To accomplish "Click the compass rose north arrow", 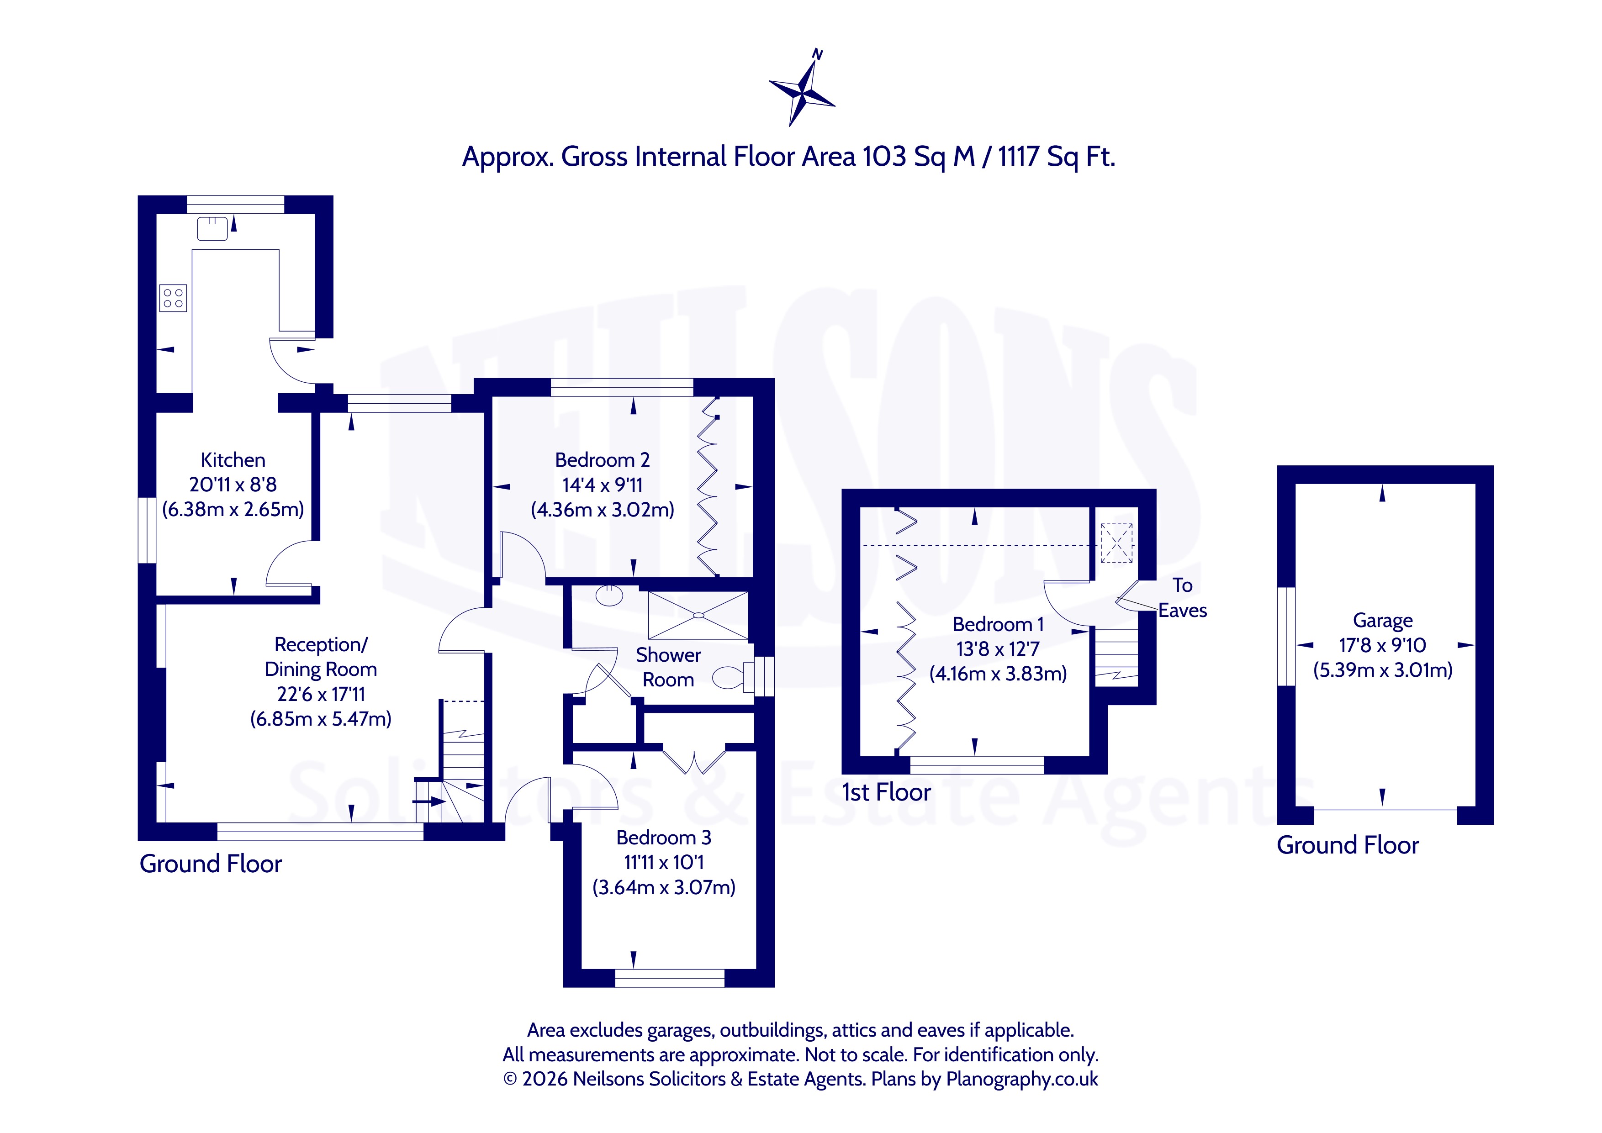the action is (x=803, y=88).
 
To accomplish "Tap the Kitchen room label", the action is (x=233, y=460).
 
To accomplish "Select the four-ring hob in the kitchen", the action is (x=173, y=298).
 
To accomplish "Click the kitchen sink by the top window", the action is (x=212, y=229).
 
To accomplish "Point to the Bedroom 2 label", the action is (x=602, y=460).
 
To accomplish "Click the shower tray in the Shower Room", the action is (x=698, y=615).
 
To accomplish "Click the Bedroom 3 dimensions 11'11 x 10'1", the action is (x=664, y=862).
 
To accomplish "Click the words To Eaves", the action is (x=1183, y=598).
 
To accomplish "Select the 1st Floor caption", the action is (x=886, y=792).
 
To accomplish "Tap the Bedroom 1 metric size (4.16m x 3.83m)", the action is (x=998, y=674).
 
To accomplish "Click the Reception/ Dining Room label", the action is (x=321, y=657).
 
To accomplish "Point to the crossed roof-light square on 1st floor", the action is (x=1116, y=543).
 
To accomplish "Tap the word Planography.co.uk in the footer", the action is (x=1021, y=1079).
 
